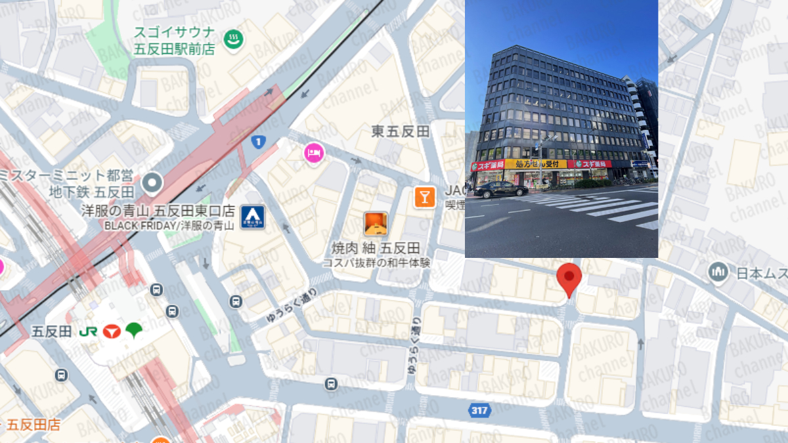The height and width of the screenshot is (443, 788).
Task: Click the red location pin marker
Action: [569, 278]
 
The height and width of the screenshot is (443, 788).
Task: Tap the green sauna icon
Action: [232, 39]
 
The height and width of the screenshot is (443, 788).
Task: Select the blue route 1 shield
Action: [259, 141]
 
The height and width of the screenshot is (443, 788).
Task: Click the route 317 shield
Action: [480, 411]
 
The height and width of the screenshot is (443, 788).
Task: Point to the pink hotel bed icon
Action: [314, 154]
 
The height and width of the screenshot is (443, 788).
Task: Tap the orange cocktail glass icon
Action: [424, 196]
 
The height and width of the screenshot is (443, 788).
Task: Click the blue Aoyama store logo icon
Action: [252, 217]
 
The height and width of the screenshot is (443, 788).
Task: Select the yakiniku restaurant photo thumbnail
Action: [375, 224]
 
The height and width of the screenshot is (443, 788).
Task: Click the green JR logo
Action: [87, 331]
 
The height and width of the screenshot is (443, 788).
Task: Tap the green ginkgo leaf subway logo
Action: [134, 329]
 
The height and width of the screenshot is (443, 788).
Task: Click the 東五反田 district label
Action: [401, 131]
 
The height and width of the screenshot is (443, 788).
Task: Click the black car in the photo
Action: [501, 190]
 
